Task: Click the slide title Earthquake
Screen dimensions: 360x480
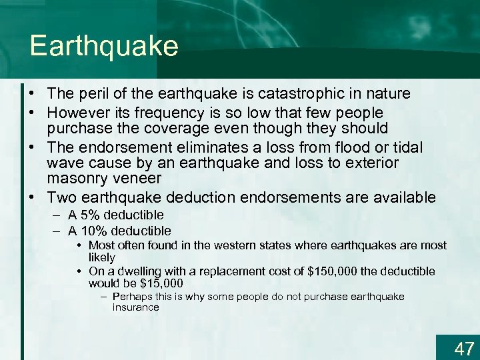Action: click(x=104, y=47)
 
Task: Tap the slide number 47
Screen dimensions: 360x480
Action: click(x=463, y=348)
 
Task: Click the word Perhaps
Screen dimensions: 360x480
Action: click(x=132, y=297)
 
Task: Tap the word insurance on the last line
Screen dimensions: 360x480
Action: click(x=135, y=307)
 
